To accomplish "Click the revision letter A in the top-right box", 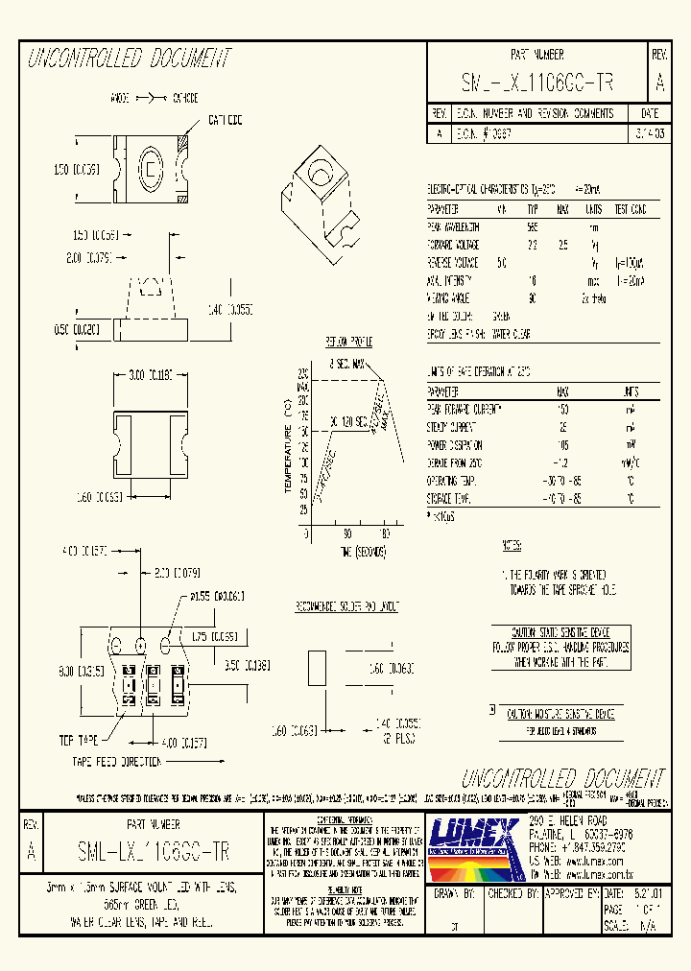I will pos(660,83).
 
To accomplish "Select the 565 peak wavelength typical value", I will pos(533,226).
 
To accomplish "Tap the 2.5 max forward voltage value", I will pos(563,245).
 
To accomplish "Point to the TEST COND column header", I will pos(630,208).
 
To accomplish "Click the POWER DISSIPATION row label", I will pos(455,445).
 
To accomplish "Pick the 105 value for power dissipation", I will pos(562,445).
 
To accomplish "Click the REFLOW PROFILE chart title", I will pos(350,341).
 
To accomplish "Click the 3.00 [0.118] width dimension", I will pos(150,376).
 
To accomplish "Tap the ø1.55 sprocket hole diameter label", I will pos(216,597).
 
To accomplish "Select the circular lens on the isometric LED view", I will pos(317,172).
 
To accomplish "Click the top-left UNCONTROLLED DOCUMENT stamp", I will pos(130,59).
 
